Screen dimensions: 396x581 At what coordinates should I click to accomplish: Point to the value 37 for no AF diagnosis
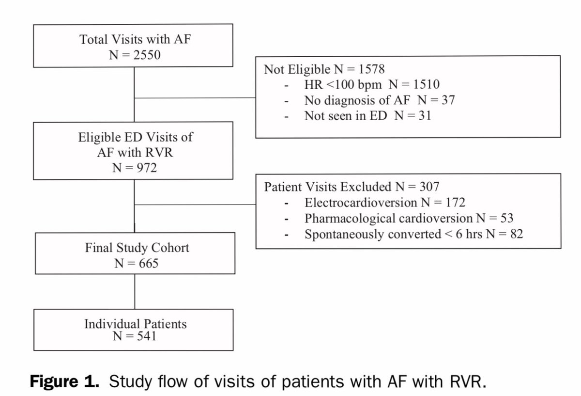(447, 100)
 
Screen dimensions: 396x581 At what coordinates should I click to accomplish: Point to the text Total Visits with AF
(135, 39)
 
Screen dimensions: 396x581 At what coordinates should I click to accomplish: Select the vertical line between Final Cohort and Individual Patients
(135, 291)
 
